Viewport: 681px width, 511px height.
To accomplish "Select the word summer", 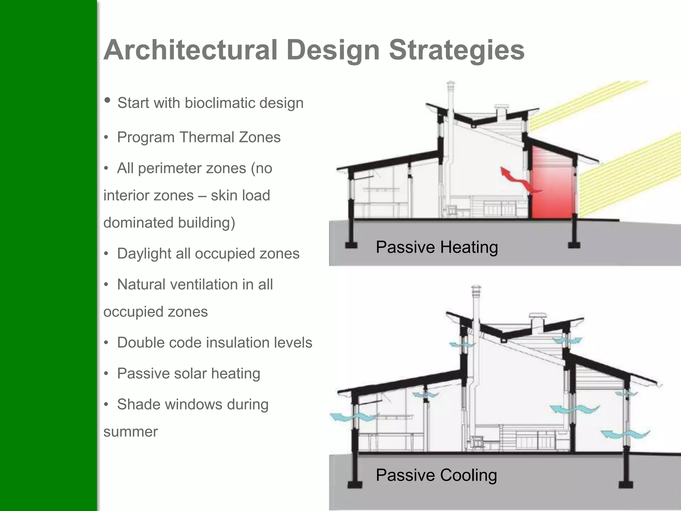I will click(130, 432).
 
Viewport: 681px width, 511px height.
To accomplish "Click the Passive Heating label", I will click(437, 247).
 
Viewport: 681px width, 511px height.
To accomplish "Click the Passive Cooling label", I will click(436, 475).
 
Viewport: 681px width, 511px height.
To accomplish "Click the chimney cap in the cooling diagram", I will click(476, 288).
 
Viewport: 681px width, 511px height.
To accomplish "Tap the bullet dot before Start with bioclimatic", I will click(107, 100).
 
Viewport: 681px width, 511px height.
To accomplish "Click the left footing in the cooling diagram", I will click(354, 484).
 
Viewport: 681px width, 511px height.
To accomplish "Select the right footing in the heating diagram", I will click(574, 245).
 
